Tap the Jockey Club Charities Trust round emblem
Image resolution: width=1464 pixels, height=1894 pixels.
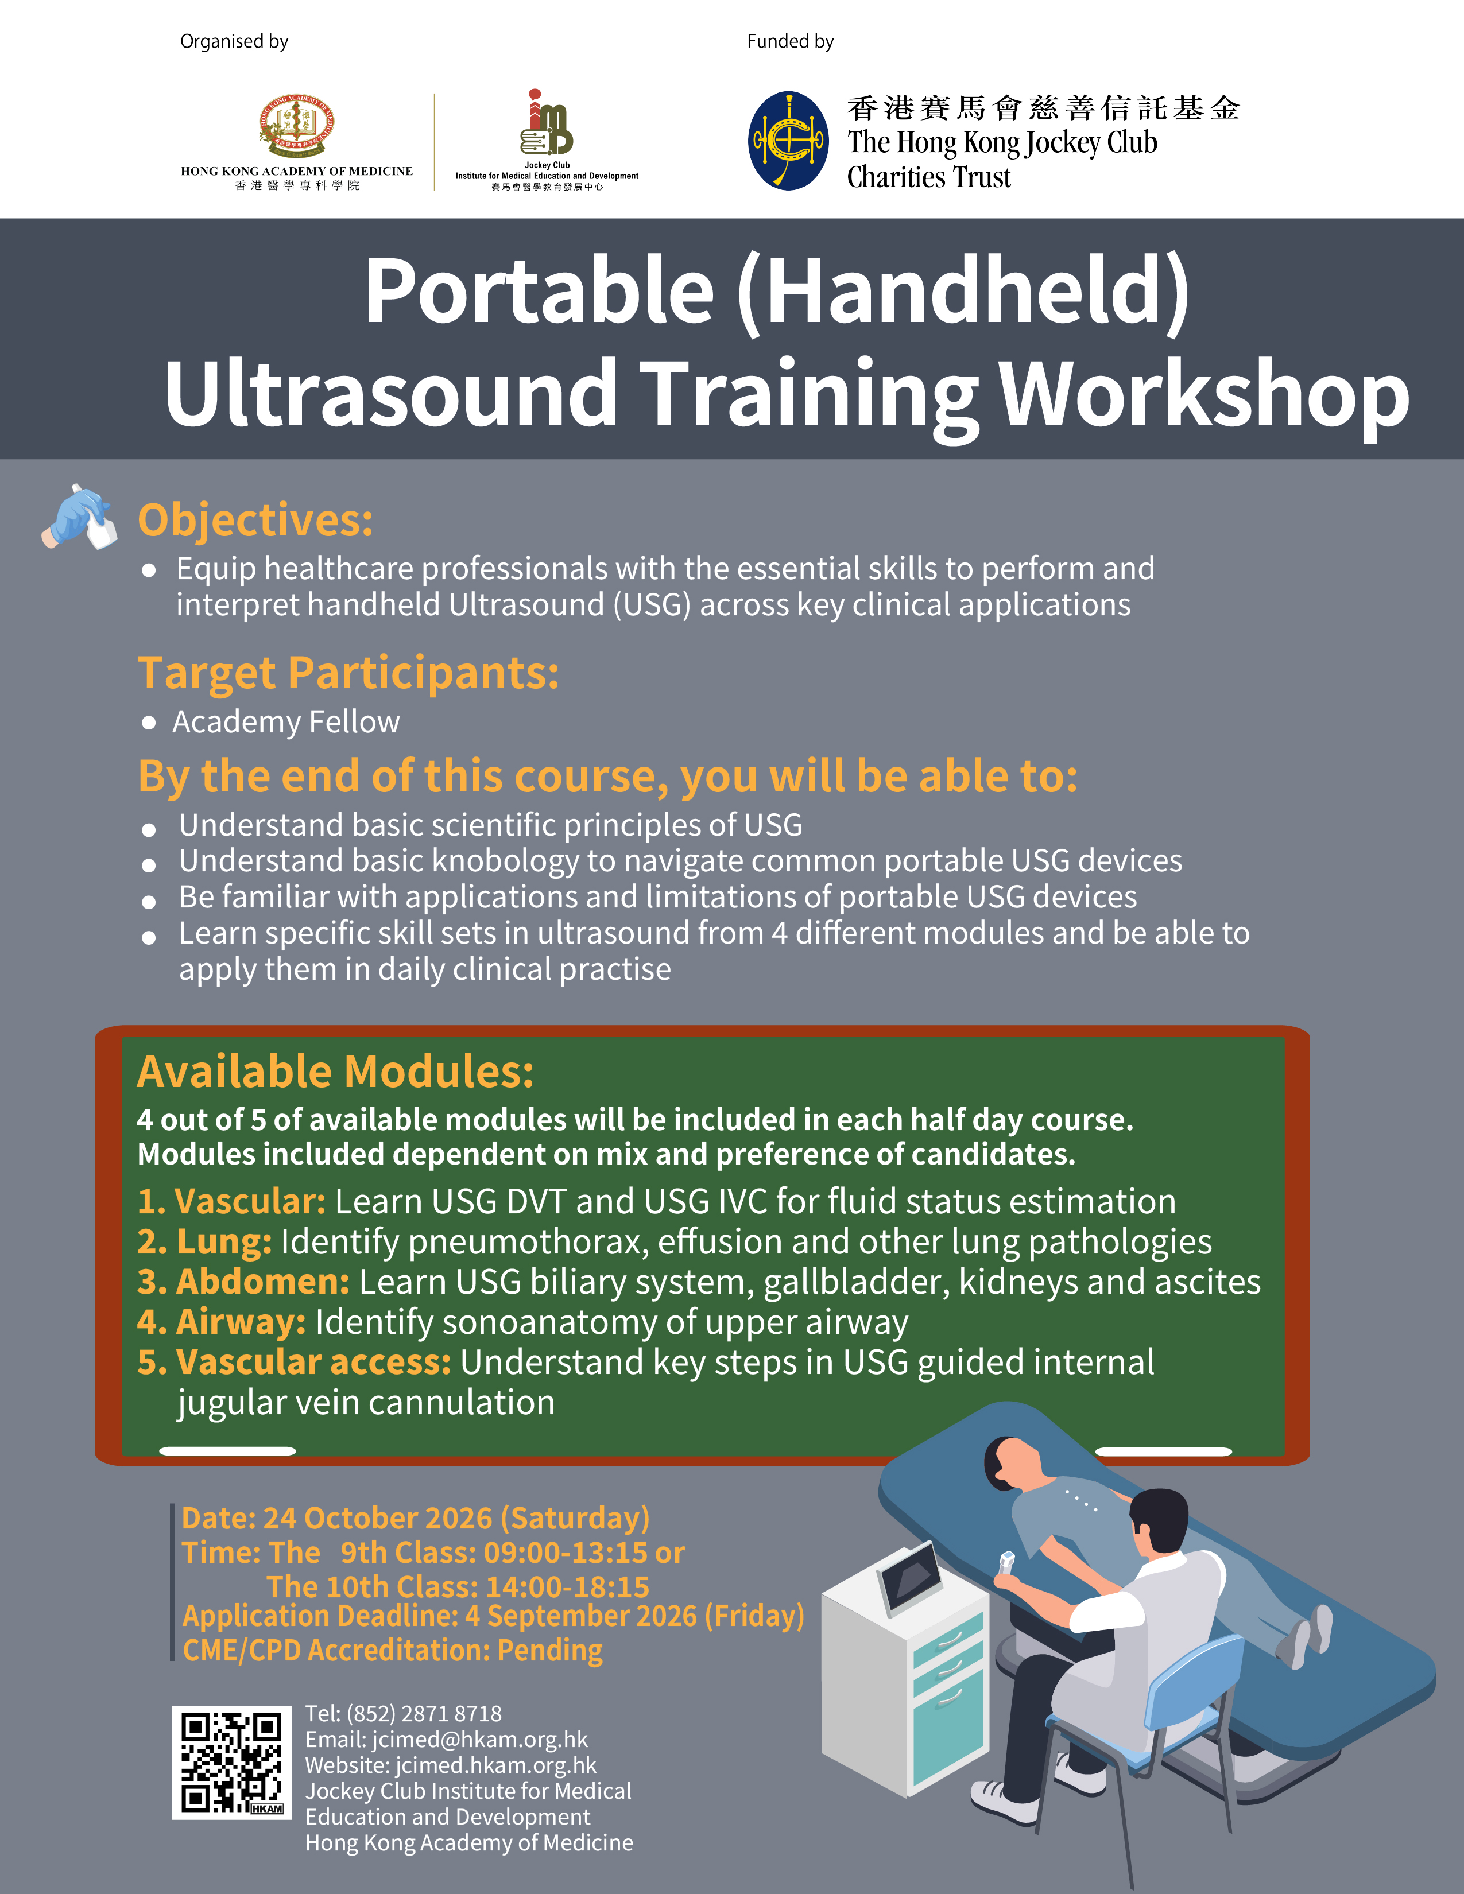pos(788,141)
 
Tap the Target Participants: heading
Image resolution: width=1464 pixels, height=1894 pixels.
pos(348,673)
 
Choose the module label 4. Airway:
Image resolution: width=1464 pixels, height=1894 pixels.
pos(221,1322)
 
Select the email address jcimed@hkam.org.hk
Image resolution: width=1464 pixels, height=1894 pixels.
pos(479,1740)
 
